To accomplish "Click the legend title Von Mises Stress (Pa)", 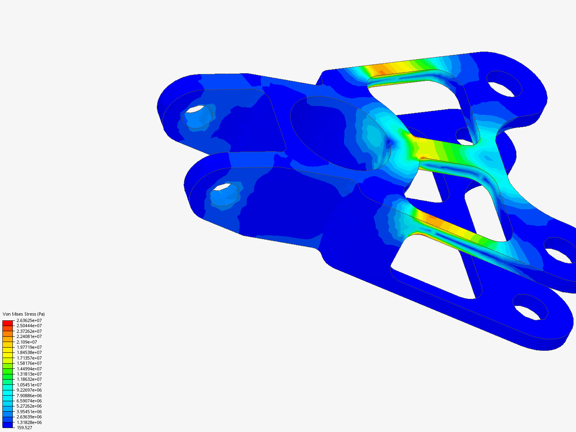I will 24,314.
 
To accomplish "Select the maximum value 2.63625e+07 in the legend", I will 29,320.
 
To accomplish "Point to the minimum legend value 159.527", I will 24,428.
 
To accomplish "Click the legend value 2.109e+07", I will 26,342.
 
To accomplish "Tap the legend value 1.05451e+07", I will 29,385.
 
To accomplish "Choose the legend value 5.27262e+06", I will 29,406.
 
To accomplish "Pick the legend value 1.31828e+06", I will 29,422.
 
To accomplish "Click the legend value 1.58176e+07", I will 29,363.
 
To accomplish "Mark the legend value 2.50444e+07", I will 29,326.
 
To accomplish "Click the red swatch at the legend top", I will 8,323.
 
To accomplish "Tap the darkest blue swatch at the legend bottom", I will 8,425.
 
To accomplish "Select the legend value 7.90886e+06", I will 29,395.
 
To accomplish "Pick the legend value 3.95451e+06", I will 29,412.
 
